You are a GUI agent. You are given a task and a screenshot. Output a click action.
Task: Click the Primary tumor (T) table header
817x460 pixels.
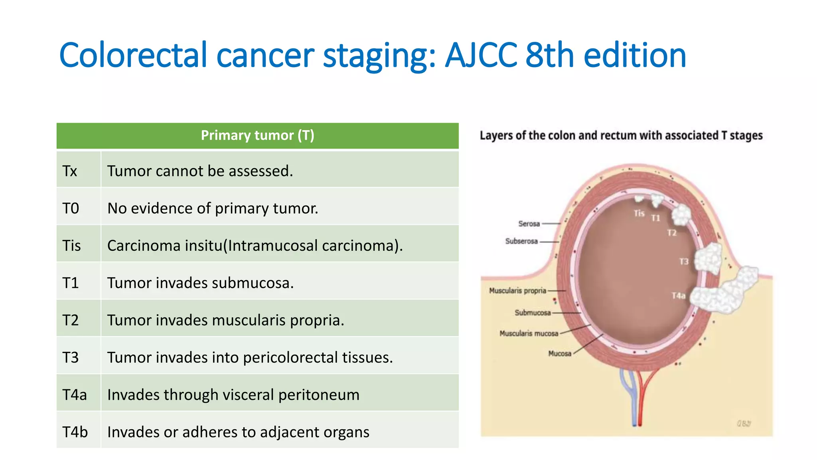coord(257,136)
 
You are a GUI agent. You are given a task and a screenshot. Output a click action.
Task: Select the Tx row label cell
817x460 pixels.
coord(70,171)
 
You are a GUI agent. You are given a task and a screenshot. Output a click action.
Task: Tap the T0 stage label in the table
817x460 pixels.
coord(71,208)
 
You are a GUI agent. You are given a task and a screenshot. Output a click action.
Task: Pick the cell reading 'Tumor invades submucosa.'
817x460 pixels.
coord(200,283)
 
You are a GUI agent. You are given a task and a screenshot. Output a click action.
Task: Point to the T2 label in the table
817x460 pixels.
coord(71,320)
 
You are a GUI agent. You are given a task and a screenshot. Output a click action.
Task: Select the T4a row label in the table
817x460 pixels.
coord(75,395)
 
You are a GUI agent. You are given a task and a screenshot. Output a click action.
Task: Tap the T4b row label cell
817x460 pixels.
coord(75,432)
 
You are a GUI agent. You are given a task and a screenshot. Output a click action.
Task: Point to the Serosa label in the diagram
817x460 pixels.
coord(529,224)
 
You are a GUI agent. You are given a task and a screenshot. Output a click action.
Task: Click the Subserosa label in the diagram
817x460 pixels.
coord(521,241)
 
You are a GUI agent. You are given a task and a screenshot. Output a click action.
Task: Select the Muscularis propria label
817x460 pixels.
coord(517,291)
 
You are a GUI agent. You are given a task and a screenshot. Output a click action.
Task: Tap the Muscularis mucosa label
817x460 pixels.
coord(529,333)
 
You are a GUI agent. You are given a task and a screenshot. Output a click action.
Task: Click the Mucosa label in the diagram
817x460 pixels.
coord(559,353)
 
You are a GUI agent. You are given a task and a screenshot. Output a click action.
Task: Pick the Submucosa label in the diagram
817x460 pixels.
coord(532,313)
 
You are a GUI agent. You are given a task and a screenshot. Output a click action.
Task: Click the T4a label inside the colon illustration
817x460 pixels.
coord(678,295)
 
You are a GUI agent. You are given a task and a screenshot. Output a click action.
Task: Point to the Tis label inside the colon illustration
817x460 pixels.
coord(639,214)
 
